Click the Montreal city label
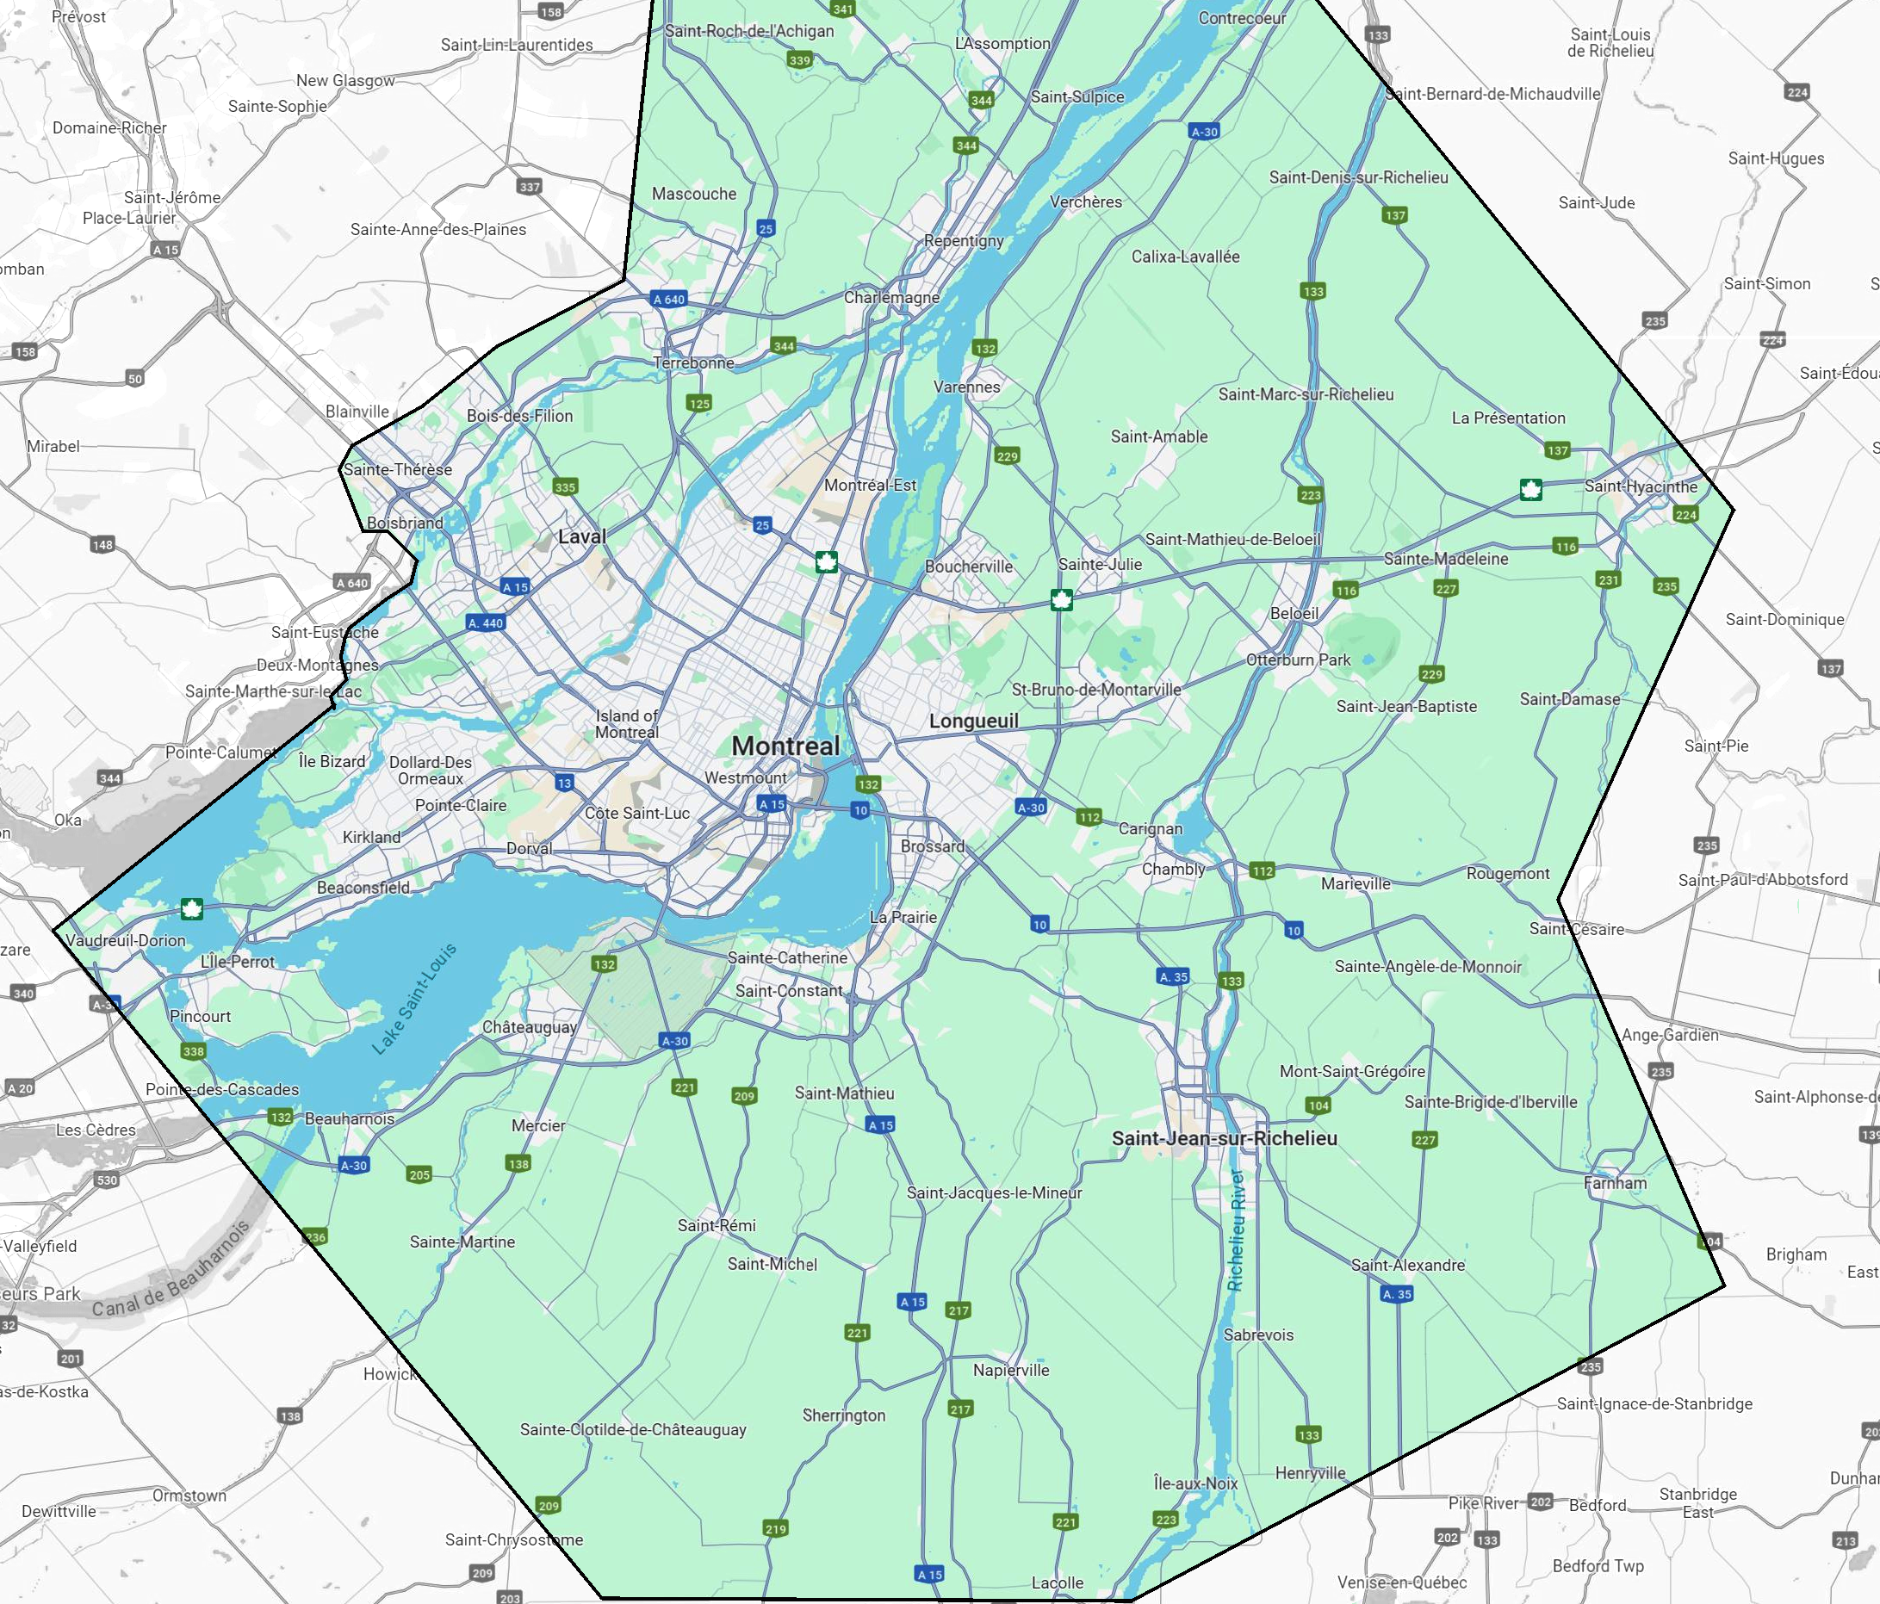785,746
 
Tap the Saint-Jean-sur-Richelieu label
1224,1137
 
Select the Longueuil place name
973,721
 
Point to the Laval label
581,536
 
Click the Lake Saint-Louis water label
414,999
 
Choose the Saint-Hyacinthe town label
1641,486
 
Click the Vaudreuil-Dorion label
125,940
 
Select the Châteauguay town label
529,1027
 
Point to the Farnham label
1615,1182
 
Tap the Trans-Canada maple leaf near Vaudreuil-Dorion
191,908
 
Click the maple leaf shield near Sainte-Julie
1061,600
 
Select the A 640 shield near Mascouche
668,300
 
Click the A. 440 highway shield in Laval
486,623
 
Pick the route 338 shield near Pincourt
193,1051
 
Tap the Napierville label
1011,1370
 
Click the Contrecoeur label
1242,18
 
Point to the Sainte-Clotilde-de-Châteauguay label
632,1430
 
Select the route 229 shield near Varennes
1007,456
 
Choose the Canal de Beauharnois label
171,1271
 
